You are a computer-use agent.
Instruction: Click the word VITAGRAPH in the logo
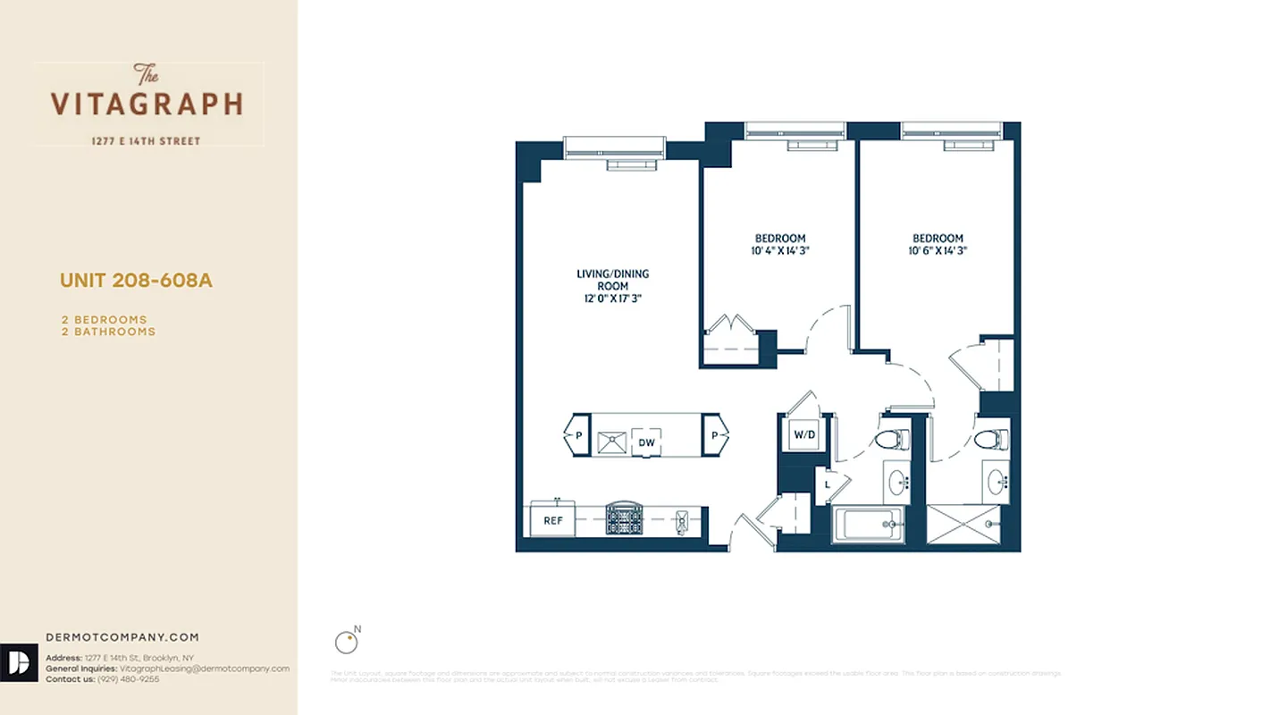tap(147, 104)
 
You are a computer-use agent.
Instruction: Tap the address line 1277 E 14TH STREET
tap(147, 141)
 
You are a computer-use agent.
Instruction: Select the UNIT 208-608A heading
tap(136, 281)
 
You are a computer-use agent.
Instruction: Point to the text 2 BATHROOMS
tap(108, 332)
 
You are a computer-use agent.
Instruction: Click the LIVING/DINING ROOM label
tap(612, 280)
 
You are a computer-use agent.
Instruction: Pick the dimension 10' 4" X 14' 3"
tap(779, 251)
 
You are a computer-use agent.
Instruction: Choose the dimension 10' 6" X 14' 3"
tap(938, 251)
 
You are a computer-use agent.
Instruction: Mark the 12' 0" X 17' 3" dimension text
tap(612, 299)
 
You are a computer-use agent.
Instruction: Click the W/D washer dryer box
tap(804, 435)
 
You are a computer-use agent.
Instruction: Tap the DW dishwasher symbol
tap(646, 442)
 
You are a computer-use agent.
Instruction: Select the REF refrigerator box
tap(552, 520)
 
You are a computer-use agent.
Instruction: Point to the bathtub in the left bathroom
tap(866, 525)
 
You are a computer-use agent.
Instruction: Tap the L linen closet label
tap(828, 484)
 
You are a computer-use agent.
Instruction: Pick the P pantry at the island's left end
tap(577, 435)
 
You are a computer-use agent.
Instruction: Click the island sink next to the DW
tap(612, 442)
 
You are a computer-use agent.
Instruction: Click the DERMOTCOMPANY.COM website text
tap(122, 637)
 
